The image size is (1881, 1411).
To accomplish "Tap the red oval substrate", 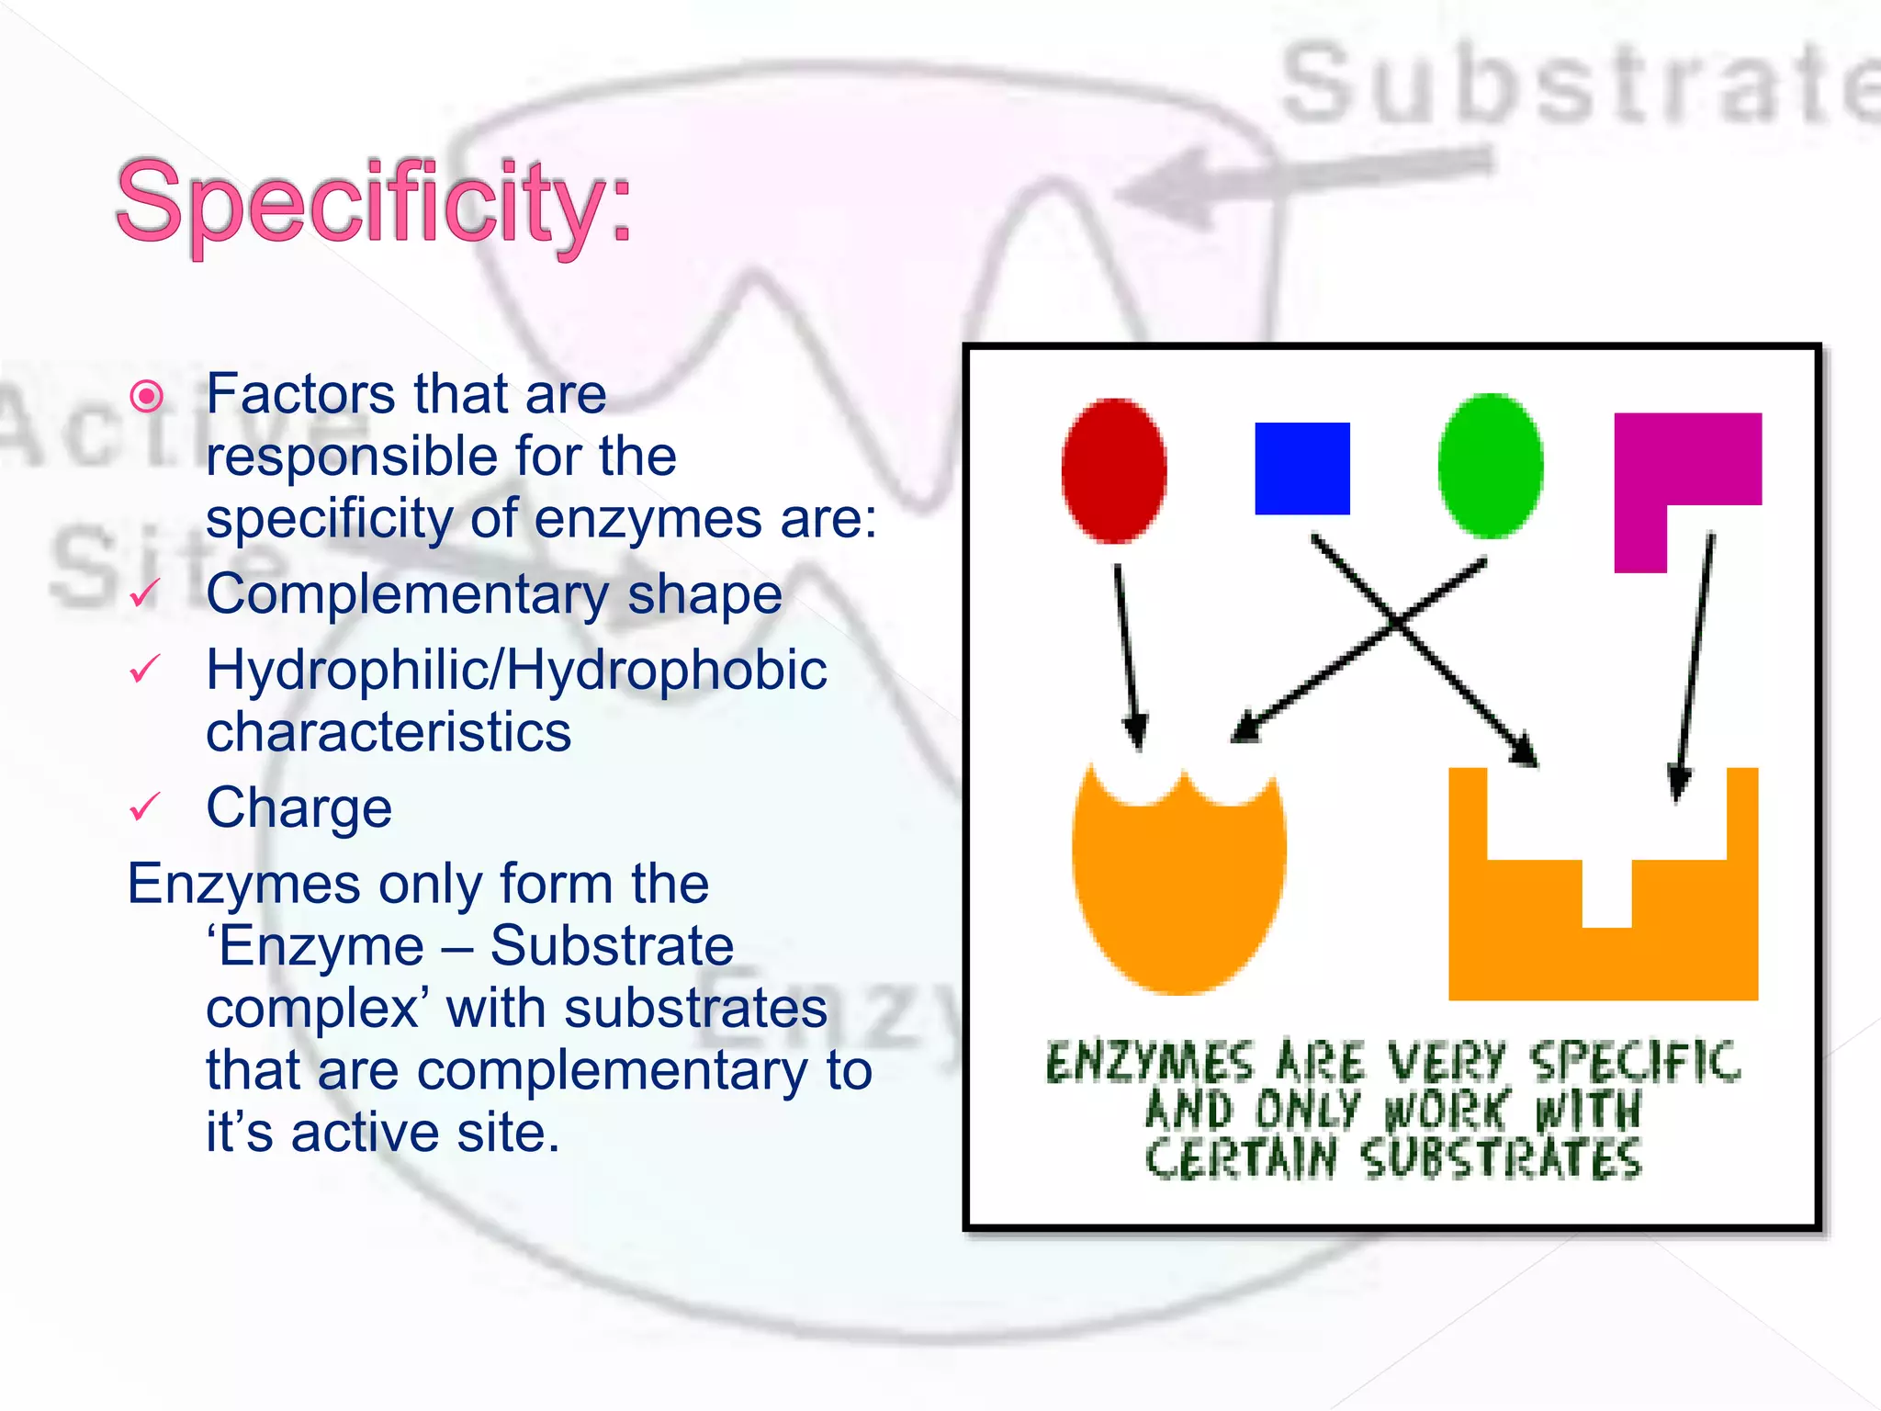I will tap(1114, 469).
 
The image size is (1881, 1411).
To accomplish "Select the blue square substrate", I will tap(1301, 468).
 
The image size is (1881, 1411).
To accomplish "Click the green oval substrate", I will tap(1490, 466).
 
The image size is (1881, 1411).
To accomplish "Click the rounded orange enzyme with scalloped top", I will tap(1178, 891).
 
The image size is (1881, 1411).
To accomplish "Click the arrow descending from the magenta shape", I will tap(1695, 661).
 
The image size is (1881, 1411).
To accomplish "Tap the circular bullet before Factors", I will tap(147, 397).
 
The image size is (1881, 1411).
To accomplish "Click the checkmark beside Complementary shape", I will tap(145, 593).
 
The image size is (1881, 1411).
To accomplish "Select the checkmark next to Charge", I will tap(145, 807).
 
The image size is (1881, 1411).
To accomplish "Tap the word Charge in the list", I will tap(299, 808).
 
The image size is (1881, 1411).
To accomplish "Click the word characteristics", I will tap(389, 732).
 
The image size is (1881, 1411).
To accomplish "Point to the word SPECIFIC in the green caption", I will tap(1635, 1062).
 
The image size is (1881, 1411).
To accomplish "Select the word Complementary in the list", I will tap(406, 593).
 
